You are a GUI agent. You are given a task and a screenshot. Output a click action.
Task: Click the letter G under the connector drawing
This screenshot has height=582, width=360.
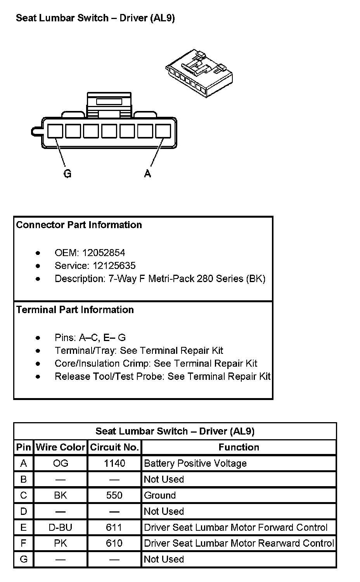coord(67,173)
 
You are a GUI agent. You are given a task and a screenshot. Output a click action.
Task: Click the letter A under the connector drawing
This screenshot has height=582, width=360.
coord(147,173)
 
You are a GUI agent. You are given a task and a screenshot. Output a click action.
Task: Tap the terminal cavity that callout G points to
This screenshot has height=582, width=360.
coord(55,131)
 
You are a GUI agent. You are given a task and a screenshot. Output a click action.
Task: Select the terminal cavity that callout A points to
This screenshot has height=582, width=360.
coord(163,131)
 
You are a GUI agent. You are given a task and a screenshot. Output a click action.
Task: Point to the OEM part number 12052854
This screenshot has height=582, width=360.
coord(104,253)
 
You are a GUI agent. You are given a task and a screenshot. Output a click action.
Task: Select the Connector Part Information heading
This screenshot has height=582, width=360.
coord(79,225)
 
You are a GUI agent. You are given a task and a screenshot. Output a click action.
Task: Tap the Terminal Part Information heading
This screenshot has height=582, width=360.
coord(75,310)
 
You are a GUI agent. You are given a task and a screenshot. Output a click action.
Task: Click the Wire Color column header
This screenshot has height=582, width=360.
coord(61,447)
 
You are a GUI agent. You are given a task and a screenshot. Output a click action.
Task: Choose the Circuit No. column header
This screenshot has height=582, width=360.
coord(114,447)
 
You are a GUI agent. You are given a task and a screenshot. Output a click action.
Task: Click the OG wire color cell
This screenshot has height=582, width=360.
coord(61,463)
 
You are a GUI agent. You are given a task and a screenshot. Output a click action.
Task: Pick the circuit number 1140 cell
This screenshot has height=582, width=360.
coord(114,463)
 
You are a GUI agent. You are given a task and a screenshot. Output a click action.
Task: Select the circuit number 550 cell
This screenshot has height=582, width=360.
coord(114,495)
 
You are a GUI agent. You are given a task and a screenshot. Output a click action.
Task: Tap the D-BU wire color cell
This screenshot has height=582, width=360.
coord(61,528)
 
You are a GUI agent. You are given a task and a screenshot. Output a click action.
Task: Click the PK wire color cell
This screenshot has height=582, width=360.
coord(61,544)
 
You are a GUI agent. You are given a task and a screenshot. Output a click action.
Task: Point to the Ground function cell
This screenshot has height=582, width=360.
coord(160,495)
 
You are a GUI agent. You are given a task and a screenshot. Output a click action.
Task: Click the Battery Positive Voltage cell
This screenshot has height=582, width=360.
coord(195,463)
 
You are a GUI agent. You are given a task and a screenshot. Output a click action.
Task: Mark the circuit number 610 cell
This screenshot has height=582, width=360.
coord(114,544)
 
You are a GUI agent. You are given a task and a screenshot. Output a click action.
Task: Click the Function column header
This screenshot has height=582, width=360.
coord(239,447)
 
